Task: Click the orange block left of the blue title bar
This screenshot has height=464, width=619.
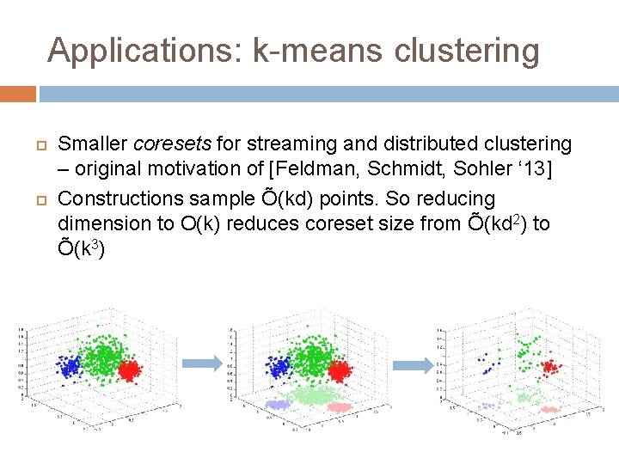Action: [18, 93]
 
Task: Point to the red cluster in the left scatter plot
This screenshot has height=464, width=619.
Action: [130, 370]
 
